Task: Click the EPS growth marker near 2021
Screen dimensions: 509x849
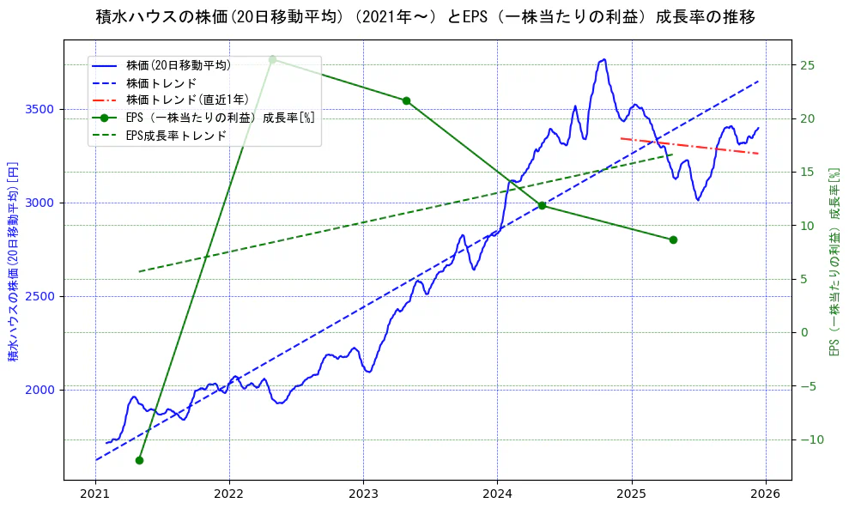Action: pyautogui.click(x=139, y=460)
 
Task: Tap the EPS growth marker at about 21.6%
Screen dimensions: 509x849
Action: pyautogui.click(x=406, y=100)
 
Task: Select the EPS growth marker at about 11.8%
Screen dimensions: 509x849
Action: pyautogui.click(x=542, y=205)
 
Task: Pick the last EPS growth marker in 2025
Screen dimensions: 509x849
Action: pyautogui.click(x=673, y=239)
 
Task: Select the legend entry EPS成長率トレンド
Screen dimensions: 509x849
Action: pyautogui.click(x=176, y=135)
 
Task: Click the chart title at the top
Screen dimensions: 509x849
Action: pyautogui.click(x=425, y=16)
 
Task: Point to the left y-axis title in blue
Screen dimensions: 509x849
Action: pyautogui.click(x=14, y=260)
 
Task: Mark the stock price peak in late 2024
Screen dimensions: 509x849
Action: pyautogui.click(x=604, y=59)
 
